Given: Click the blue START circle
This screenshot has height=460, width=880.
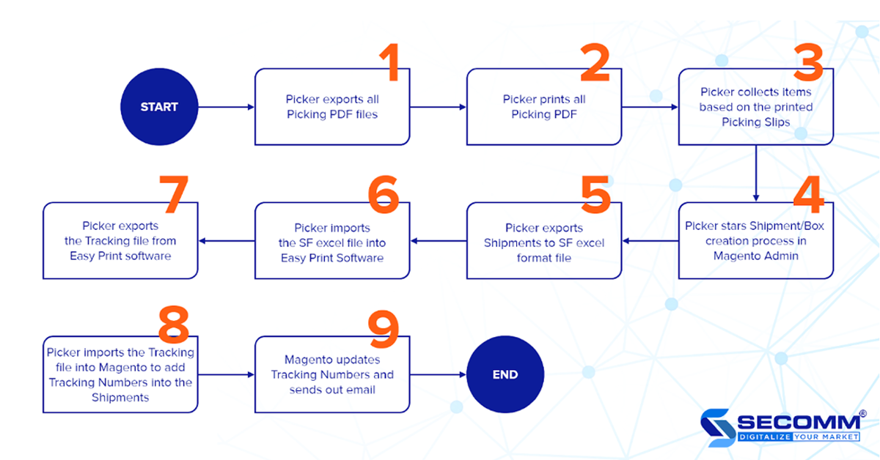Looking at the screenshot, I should coord(159,107).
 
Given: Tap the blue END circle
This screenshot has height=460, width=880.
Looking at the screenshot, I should coord(505,374).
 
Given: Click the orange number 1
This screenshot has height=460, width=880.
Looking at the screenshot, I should coord(392,62).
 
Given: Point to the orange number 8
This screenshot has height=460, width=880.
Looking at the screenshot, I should coord(174,324).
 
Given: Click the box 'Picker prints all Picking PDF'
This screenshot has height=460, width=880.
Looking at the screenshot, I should coord(544,107).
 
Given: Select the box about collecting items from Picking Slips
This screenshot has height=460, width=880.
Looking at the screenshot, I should coord(755,107).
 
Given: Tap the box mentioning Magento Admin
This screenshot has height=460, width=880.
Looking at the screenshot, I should coord(755,240).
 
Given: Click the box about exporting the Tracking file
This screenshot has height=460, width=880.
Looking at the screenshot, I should coord(120,240).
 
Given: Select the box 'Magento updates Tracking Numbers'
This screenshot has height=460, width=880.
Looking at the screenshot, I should coord(332,374).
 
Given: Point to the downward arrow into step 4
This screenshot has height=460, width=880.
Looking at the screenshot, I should coord(755,172).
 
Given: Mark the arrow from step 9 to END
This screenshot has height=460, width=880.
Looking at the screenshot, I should coord(439,374).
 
